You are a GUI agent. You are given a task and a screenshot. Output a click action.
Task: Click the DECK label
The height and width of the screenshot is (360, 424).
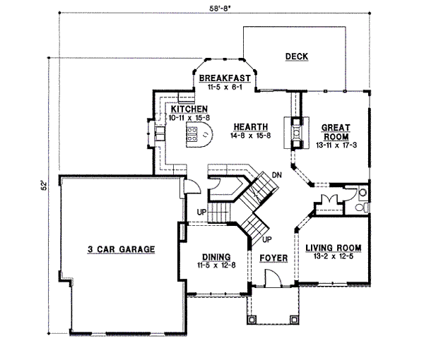297,56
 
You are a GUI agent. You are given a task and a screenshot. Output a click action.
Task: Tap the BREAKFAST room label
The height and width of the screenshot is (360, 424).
225,78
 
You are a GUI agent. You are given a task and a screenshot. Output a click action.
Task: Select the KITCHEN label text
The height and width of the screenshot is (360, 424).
189,109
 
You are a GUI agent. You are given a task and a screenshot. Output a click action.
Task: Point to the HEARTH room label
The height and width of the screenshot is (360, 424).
251,126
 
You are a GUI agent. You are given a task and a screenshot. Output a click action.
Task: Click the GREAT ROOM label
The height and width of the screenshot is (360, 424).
336,132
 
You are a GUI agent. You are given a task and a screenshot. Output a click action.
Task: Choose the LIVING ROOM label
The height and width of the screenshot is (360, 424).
333,248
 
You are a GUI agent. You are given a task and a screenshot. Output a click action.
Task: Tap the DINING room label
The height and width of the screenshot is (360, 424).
216,257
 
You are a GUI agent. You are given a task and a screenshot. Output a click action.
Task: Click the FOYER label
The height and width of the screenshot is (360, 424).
273,258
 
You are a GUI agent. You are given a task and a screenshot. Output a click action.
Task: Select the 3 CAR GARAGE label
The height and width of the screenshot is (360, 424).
121,249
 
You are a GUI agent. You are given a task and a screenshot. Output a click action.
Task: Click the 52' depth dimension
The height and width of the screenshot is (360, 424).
44,186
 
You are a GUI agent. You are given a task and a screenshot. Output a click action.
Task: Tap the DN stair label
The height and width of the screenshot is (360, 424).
276,175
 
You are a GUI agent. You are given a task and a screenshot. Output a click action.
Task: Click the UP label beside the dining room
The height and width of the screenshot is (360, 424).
201,212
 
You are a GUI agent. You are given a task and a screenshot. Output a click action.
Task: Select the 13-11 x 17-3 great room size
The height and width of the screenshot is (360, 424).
336,145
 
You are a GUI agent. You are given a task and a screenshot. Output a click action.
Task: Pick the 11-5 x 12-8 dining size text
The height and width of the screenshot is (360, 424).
216,265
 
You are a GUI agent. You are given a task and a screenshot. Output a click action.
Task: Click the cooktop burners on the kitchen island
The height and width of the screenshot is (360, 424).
192,135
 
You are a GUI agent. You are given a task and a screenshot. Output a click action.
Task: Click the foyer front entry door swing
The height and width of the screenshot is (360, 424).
273,277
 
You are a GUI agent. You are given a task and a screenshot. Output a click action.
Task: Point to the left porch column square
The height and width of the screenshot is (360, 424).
252,320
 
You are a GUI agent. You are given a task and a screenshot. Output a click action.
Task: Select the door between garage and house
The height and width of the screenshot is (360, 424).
192,186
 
